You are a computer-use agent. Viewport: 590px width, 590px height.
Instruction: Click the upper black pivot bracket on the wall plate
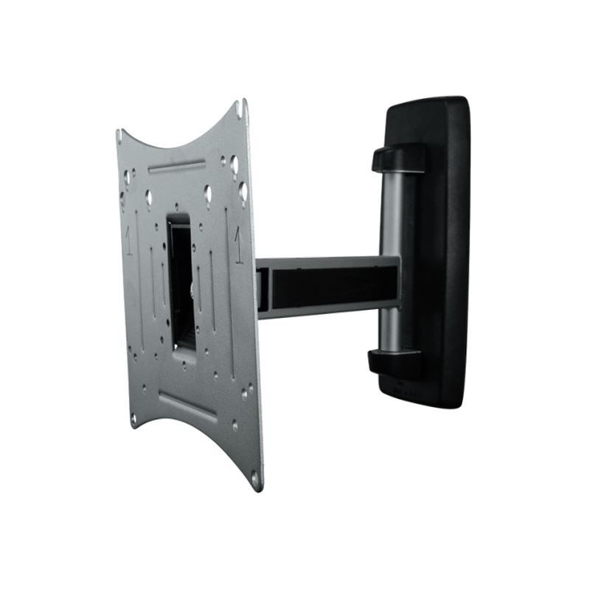pos(399,158)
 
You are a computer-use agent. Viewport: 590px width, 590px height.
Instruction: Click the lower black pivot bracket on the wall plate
pos(395,361)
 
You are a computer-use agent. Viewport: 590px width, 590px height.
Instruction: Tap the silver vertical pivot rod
pos(392,221)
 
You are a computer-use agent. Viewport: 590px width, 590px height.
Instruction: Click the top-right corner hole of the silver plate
pos(239,108)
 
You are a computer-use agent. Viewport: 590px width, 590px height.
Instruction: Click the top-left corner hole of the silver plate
pos(119,136)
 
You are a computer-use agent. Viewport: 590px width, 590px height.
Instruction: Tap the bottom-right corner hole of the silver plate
pos(255,477)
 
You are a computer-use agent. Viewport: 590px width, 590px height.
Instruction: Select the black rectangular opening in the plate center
pos(181,288)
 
